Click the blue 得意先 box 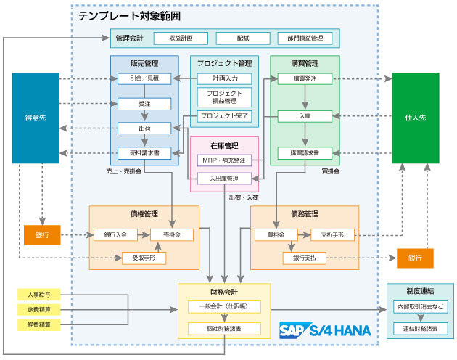[x=35, y=118]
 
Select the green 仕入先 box [x=415, y=118]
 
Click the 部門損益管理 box [x=305, y=38]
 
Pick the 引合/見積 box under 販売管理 [x=144, y=78]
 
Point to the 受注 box [x=144, y=104]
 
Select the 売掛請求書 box [x=144, y=153]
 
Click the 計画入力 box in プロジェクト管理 [x=224, y=78]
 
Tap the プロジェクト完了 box [x=224, y=116]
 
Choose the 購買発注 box [x=305, y=78]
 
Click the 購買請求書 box [x=305, y=153]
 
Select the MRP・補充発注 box [x=224, y=160]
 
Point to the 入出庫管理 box [x=224, y=178]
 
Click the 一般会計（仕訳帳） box [x=224, y=307]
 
